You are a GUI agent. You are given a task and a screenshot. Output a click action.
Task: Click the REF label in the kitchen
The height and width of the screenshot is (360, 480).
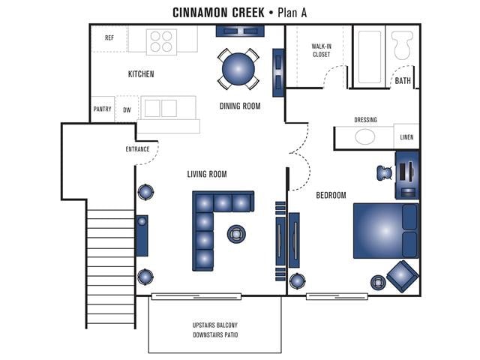coord(109,37)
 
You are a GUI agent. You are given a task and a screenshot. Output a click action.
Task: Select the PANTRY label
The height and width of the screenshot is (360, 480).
coord(103,109)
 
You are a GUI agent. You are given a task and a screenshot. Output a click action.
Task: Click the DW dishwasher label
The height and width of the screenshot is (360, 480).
coord(127,109)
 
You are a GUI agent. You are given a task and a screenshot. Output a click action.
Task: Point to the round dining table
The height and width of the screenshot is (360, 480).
coord(239,68)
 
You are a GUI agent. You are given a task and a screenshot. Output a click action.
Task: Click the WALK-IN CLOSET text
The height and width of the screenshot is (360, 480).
coord(321,50)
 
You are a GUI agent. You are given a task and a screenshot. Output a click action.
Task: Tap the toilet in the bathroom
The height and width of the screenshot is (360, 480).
coord(402,46)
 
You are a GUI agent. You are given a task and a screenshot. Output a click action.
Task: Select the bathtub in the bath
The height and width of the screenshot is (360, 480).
coord(368,57)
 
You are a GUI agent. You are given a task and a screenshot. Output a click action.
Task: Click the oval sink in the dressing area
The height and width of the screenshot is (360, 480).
coord(365,137)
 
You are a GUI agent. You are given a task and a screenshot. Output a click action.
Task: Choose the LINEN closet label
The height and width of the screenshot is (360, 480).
coord(406,138)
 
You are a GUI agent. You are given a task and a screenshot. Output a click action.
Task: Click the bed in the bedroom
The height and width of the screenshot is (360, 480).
coord(385,230)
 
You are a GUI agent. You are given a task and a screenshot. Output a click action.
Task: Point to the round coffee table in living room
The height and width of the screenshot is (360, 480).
coord(236,234)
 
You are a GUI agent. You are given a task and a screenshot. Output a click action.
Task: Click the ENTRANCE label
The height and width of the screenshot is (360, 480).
coord(137,149)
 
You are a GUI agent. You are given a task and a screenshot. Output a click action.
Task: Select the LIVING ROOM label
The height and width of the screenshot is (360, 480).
coord(207,175)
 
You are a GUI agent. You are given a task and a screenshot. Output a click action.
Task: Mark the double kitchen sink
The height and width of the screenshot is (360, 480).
coord(160,108)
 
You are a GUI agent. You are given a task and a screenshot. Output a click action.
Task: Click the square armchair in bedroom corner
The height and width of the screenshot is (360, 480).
coord(403,276)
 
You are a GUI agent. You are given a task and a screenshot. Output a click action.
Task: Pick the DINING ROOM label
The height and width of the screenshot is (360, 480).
coord(240,106)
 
